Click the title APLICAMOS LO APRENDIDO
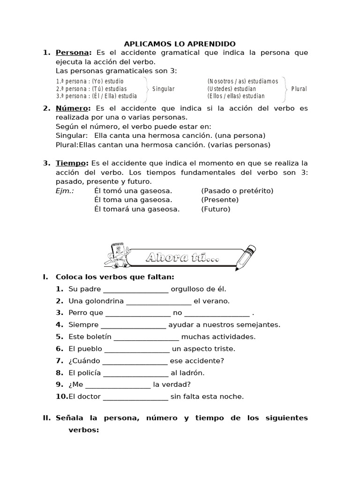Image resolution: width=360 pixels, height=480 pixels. [x=180, y=44]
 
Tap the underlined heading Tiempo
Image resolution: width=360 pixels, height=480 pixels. [x=71, y=163]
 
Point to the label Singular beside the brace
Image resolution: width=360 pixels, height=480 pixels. [x=163, y=89]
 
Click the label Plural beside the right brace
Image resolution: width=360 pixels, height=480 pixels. [x=299, y=89]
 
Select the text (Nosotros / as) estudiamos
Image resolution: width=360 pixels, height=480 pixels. [x=242, y=81]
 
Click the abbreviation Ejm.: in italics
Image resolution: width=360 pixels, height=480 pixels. [x=65, y=191]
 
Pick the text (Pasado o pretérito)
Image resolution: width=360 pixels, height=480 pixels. [x=237, y=191]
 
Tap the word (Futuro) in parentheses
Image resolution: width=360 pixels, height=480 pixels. [x=216, y=209]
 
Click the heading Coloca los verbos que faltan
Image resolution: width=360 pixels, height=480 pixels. [x=115, y=277]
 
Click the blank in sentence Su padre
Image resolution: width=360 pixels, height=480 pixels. [x=135, y=289]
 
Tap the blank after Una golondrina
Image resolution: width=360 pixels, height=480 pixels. [x=159, y=301]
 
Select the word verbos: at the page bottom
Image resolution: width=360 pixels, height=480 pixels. [x=84, y=429]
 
